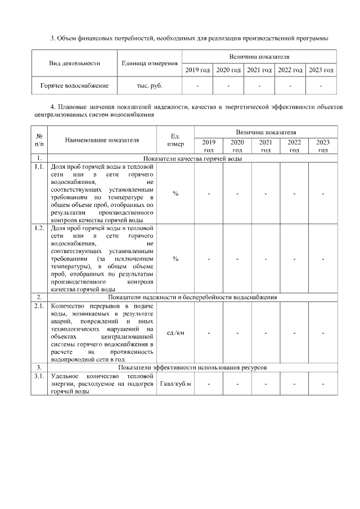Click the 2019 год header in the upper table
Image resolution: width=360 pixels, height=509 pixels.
[x=197, y=70]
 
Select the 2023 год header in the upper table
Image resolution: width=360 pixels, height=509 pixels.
[x=321, y=70]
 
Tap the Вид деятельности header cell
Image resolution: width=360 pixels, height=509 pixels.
[x=74, y=63]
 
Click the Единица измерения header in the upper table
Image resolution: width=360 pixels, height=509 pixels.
[x=150, y=63]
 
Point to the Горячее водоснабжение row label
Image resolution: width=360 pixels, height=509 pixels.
[x=74, y=86]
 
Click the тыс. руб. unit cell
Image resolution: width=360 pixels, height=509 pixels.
[x=150, y=86]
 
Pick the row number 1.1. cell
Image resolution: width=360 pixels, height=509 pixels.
[x=39, y=167]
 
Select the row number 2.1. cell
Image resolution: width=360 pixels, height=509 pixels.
[x=39, y=306]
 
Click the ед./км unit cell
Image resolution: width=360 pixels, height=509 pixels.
[x=175, y=332]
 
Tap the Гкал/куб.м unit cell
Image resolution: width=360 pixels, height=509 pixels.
[x=175, y=384]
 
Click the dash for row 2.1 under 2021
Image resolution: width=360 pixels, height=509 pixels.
[x=266, y=332]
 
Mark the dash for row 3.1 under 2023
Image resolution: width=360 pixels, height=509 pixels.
[x=323, y=384]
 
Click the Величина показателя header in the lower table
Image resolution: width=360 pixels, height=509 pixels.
[x=266, y=131]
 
